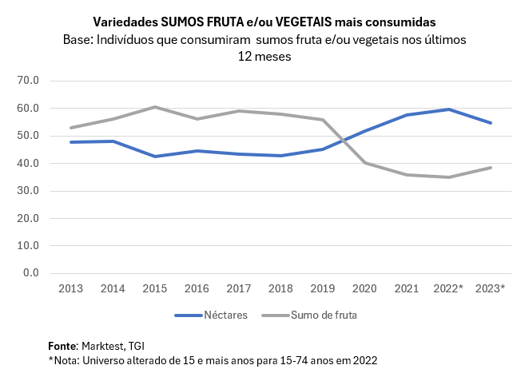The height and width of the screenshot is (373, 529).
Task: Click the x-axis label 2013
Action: click(71, 288)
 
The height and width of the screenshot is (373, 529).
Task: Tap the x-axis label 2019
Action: click(323, 288)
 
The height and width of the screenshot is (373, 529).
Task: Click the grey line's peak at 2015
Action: click(155, 107)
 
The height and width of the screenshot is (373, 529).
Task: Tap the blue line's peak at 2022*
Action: click(449, 109)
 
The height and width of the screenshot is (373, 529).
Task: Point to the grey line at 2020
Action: click(365, 162)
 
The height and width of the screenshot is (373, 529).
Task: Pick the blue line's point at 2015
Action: click(155, 157)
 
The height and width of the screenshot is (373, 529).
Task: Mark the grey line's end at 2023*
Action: click(491, 168)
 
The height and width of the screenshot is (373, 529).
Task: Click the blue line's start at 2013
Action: click(71, 142)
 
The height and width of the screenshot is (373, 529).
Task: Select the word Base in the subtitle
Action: click(77, 39)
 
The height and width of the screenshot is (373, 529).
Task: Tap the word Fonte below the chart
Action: click(62, 346)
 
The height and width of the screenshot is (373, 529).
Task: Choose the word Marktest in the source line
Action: click(103, 346)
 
